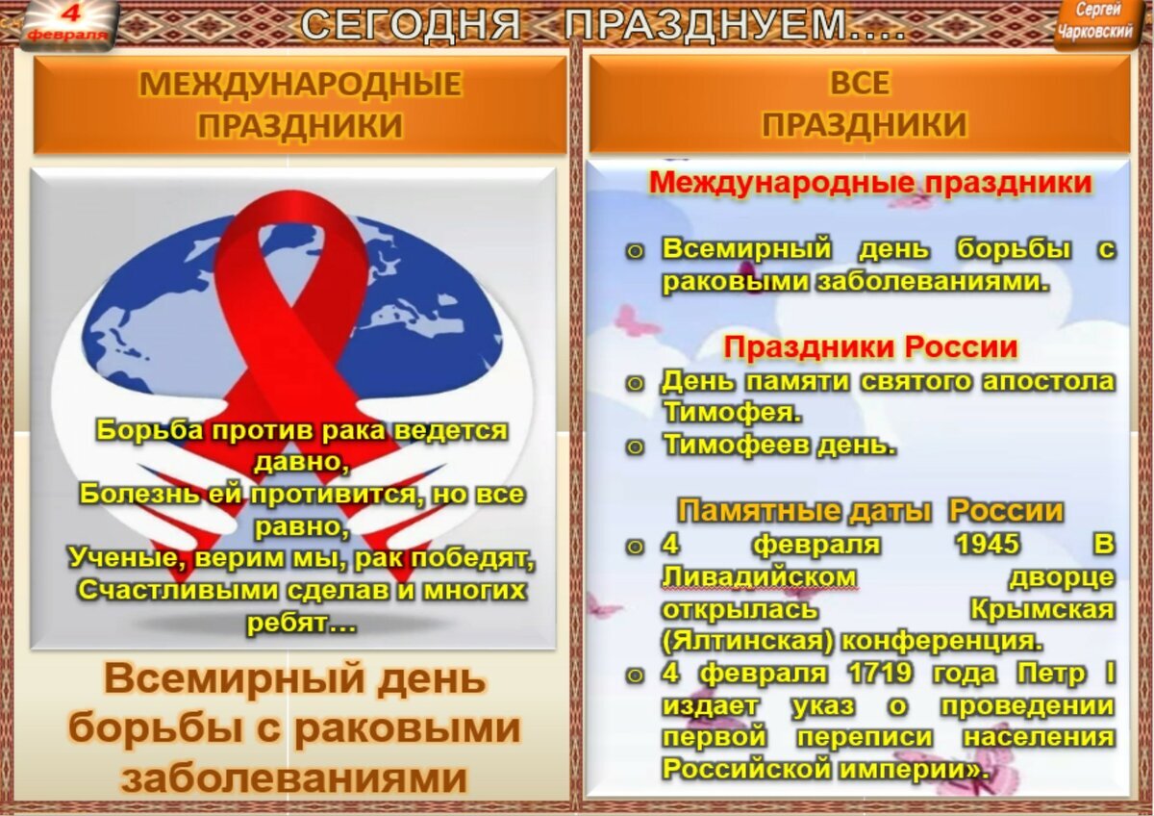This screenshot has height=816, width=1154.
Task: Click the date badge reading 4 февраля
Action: [x=67, y=25]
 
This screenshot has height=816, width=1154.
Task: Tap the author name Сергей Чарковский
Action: [x=1096, y=21]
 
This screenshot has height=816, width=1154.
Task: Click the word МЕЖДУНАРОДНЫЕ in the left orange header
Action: [x=300, y=84]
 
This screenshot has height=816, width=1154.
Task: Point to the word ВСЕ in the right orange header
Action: [x=860, y=83]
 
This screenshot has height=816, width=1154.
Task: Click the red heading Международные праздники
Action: [x=870, y=183]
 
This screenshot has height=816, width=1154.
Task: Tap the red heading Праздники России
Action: [x=870, y=347]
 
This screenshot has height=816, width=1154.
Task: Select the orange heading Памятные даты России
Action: [x=870, y=511]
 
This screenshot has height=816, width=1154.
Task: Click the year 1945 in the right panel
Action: [x=988, y=544]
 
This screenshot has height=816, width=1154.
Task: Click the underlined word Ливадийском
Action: [x=759, y=576]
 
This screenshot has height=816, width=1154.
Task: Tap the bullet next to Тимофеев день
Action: [x=635, y=446]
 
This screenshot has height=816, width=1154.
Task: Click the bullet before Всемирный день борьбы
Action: [x=635, y=251]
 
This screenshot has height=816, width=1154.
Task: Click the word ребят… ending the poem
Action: [x=302, y=624]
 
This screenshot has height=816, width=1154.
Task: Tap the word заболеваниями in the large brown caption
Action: [x=293, y=777]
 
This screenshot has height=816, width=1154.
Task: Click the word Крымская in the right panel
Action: [x=1042, y=610]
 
